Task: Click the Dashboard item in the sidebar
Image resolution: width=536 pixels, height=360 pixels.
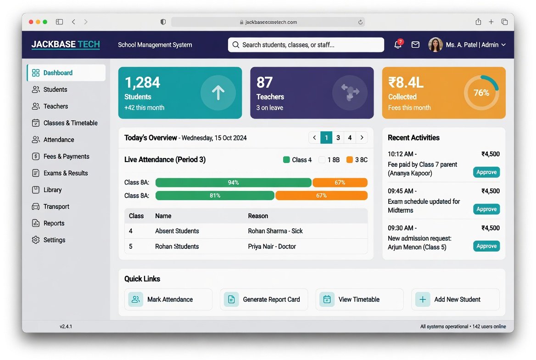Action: (66, 73)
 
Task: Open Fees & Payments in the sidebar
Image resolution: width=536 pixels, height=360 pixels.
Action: (61, 157)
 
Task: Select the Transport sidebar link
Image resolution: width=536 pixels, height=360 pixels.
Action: (50, 206)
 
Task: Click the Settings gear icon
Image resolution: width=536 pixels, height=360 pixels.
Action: (35, 240)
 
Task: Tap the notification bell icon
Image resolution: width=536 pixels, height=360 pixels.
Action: (397, 45)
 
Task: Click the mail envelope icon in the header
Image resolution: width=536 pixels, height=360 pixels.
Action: (415, 45)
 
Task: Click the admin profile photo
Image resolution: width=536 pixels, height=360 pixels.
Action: (435, 45)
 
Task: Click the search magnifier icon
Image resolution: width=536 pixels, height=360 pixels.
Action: (235, 45)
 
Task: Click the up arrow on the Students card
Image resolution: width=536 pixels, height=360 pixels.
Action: (218, 93)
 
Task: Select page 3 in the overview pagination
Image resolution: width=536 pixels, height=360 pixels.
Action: (338, 138)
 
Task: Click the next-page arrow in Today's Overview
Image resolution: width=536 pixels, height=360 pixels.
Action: (362, 138)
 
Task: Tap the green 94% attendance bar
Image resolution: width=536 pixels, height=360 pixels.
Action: (234, 183)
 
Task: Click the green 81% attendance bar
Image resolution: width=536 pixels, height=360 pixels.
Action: (215, 196)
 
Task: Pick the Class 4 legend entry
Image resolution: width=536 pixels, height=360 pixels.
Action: (297, 160)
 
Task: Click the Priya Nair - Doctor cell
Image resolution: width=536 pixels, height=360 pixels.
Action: (272, 247)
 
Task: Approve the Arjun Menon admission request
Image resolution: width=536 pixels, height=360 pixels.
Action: (486, 246)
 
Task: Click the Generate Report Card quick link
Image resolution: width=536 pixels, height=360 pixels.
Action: (264, 299)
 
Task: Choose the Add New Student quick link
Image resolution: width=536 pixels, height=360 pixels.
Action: (455, 299)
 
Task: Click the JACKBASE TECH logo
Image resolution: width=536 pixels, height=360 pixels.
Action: (66, 45)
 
